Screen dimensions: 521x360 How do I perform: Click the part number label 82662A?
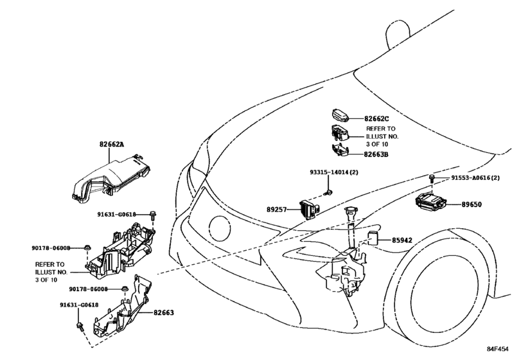pyautogui.click(x=112, y=144)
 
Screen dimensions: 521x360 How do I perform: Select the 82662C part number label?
pyautogui.click(x=376, y=119)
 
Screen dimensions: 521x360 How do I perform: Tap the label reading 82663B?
pyautogui.click(x=376, y=154)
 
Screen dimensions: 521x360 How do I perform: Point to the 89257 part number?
pyautogui.click(x=276, y=210)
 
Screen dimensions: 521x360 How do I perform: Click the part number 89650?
pyautogui.click(x=472, y=204)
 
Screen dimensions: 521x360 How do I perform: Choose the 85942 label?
pyautogui.click(x=402, y=240)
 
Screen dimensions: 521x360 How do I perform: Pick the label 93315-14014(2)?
pyautogui.click(x=334, y=172)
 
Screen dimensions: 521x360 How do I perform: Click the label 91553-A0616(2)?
pyautogui.click(x=475, y=178)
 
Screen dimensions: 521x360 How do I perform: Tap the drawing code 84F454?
pyautogui.click(x=498, y=348)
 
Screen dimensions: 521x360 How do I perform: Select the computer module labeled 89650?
pyautogui.click(x=431, y=202)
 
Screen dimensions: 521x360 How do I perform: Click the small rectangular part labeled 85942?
pyautogui.click(x=372, y=238)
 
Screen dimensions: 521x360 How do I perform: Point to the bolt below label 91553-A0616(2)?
pyautogui.click(x=432, y=178)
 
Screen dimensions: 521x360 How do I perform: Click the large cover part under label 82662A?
pyautogui.click(x=111, y=179)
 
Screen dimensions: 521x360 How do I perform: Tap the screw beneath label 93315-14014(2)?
pyautogui.click(x=329, y=192)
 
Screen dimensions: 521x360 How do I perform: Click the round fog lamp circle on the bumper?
pyautogui.click(x=220, y=229)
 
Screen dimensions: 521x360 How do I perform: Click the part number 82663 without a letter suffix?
pyautogui.click(x=163, y=312)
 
